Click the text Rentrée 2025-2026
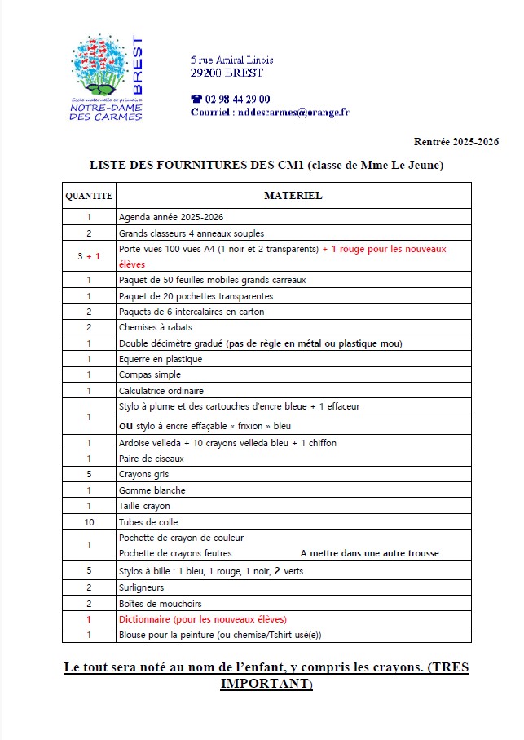click(x=456, y=142)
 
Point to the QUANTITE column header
click(x=89, y=196)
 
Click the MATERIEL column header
click(x=293, y=196)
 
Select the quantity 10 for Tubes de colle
click(x=89, y=522)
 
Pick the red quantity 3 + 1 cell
click(x=89, y=256)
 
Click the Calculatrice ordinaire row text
click(x=161, y=391)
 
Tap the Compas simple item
click(x=150, y=375)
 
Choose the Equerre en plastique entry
click(x=161, y=359)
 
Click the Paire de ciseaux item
click(x=152, y=459)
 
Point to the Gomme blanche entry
click(x=152, y=490)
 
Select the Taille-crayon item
click(x=144, y=507)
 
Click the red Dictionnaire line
click(x=203, y=619)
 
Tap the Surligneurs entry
click(x=141, y=587)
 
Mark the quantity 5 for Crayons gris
click(x=89, y=475)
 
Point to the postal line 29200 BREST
click(x=227, y=73)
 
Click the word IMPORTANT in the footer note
click(x=265, y=683)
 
